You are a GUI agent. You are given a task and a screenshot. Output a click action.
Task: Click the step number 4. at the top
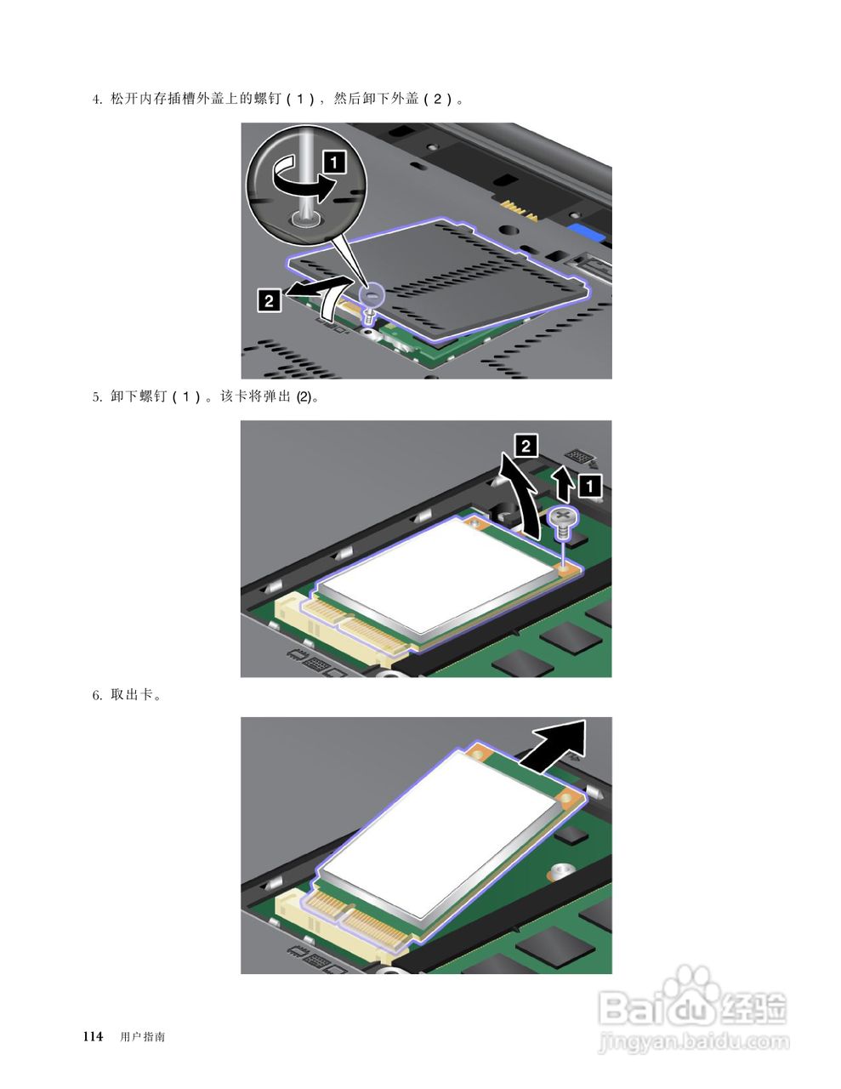pos(97,100)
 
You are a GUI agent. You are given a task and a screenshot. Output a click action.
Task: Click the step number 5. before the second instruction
pos(97,397)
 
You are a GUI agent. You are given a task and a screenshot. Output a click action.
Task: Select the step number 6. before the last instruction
pos(97,695)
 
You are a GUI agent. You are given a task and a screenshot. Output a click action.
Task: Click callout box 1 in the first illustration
pos(334,162)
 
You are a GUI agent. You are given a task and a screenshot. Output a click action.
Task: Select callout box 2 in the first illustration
pos(269,300)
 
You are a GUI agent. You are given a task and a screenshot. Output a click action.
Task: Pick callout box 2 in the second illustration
pos(526,446)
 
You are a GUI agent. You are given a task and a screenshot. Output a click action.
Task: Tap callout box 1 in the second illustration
pos(589,486)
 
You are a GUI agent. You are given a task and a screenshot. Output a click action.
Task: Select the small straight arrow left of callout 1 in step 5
pos(563,482)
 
